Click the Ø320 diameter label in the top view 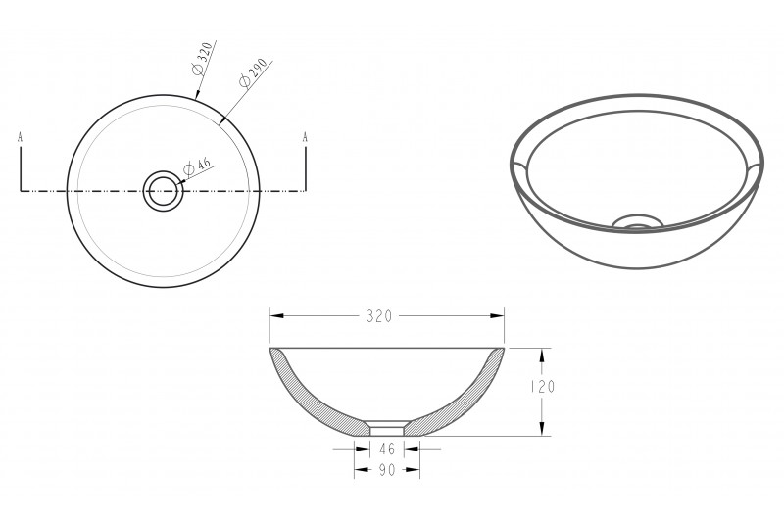203,59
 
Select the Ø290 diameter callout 253,72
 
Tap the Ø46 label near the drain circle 197,166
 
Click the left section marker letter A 20,137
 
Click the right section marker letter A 305,137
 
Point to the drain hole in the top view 163,190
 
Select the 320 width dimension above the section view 379,316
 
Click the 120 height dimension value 543,387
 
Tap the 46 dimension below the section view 387,450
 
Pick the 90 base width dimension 387,470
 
